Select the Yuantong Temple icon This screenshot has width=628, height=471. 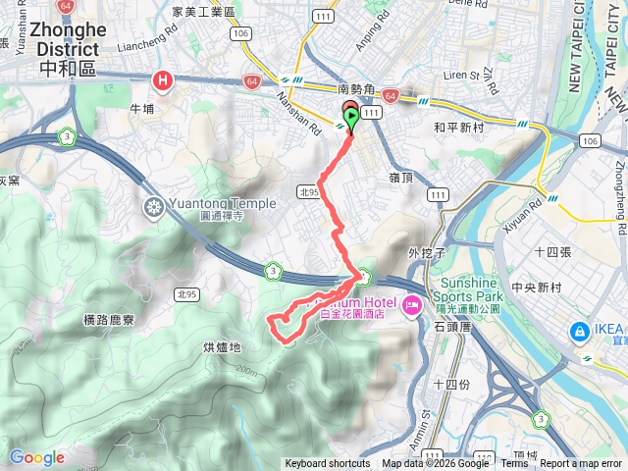click(x=154, y=207)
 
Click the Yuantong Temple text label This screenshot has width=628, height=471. click(x=213, y=203)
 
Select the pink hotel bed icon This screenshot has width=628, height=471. click(x=412, y=305)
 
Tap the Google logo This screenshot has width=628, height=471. click(x=36, y=457)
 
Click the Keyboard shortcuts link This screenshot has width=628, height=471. click(x=327, y=464)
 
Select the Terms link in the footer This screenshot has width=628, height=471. click(x=514, y=464)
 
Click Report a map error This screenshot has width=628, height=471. click(x=581, y=464)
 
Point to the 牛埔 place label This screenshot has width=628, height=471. click(x=140, y=109)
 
